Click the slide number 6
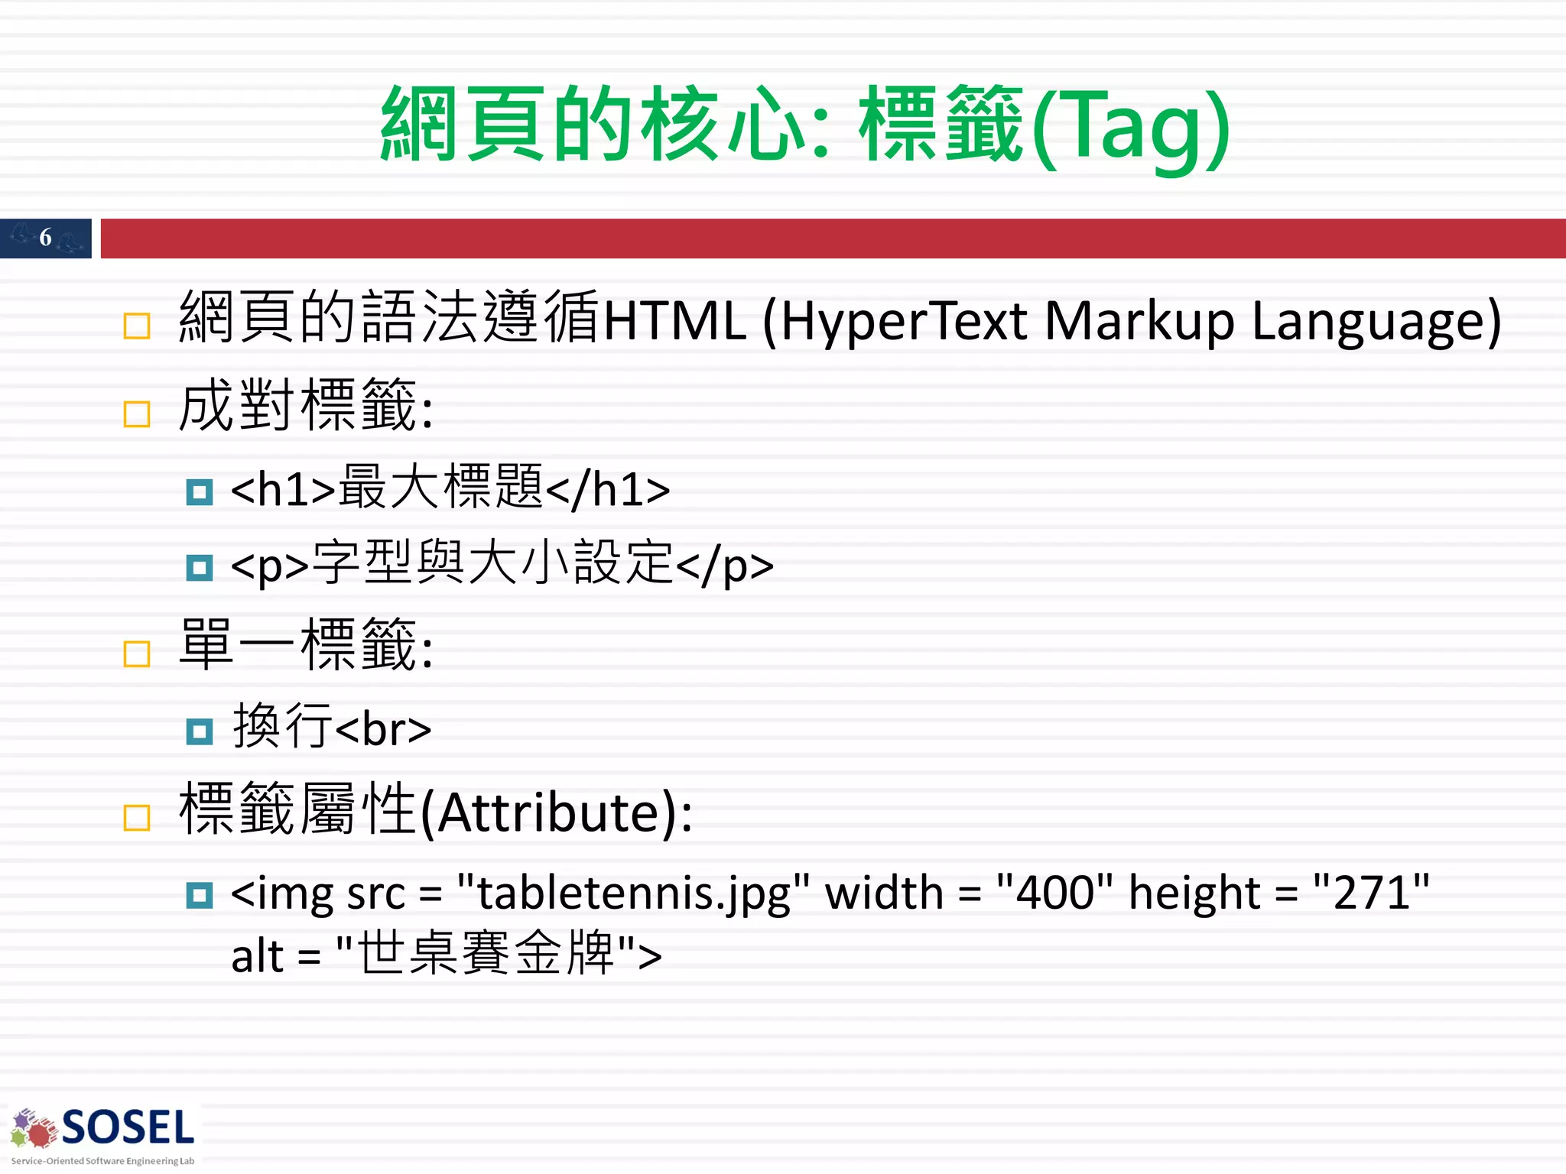45,238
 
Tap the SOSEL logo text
128,1128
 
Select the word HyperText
904,321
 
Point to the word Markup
1139,321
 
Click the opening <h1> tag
283,489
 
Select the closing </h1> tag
608,489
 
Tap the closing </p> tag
725,566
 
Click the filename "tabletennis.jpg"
633,893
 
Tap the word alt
257,956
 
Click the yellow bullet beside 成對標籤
137,414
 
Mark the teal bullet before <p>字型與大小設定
200,568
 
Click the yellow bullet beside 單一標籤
137,654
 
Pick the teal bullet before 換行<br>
200,731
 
